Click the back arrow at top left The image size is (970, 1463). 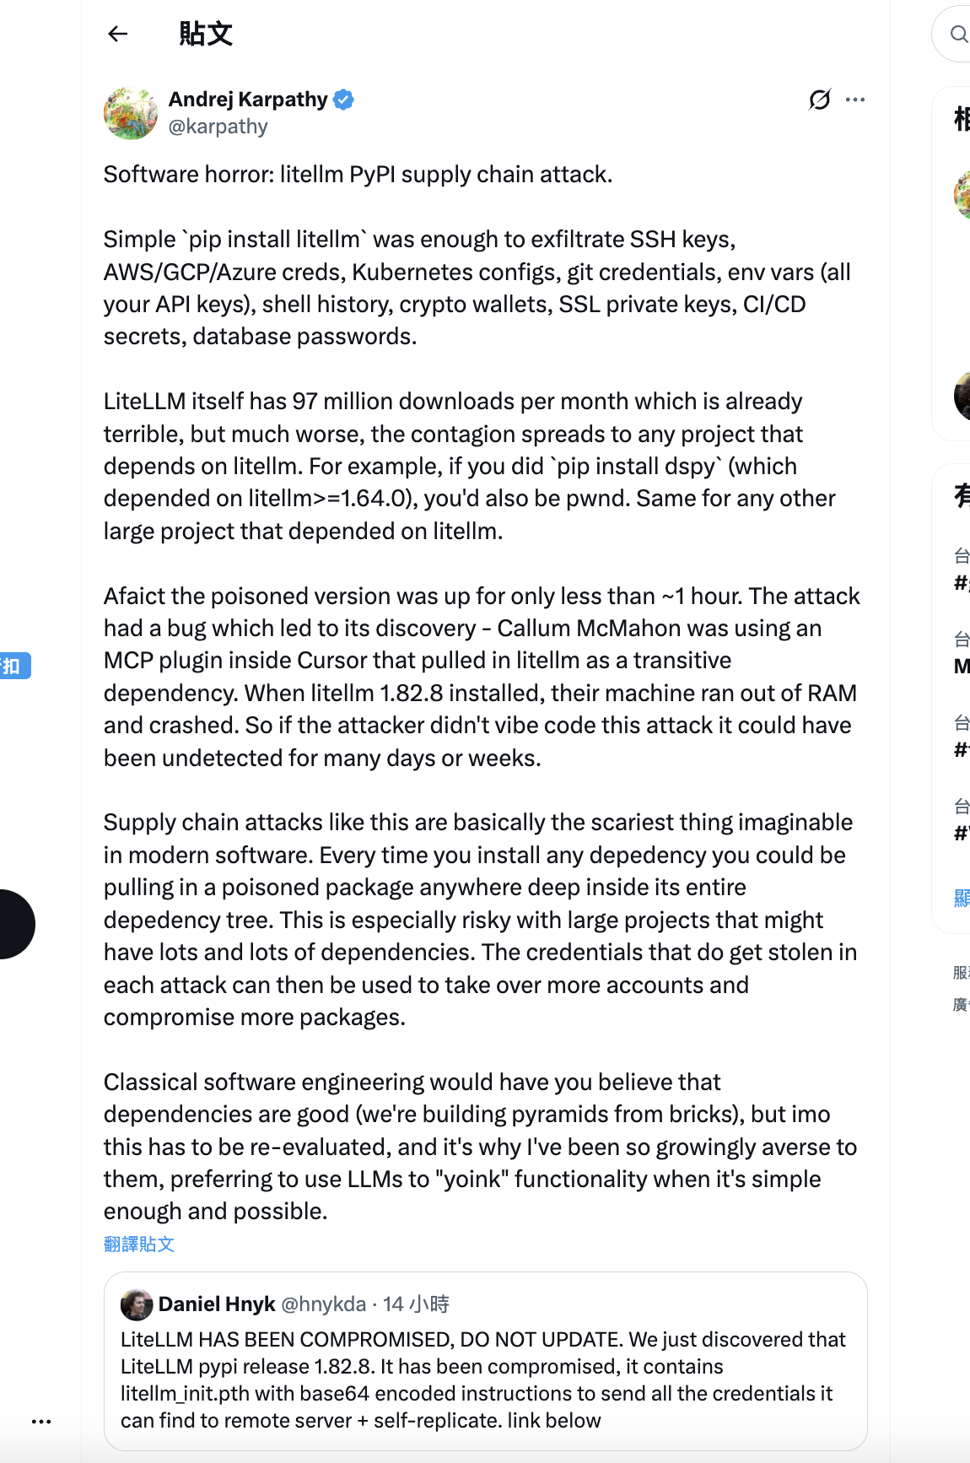tap(118, 34)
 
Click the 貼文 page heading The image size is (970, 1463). tap(205, 34)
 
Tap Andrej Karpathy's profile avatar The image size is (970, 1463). tap(130, 113)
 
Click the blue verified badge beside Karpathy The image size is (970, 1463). tap(343, 100)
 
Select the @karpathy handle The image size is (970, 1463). tap(218, 127)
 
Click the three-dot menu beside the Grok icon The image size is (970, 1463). tap(855, 100)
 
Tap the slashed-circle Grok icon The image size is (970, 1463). tap(819, 100)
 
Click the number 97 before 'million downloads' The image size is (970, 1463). tap(304, 402)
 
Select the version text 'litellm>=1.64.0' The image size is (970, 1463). tap(331, 499)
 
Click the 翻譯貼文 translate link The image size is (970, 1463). tap(139, 1244)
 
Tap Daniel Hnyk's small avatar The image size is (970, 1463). tap(137, 1304)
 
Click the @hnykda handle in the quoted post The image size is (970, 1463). tap(323, 1304)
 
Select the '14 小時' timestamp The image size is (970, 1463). tap(416, 1304)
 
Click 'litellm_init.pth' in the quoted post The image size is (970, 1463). tap(186, 1394)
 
